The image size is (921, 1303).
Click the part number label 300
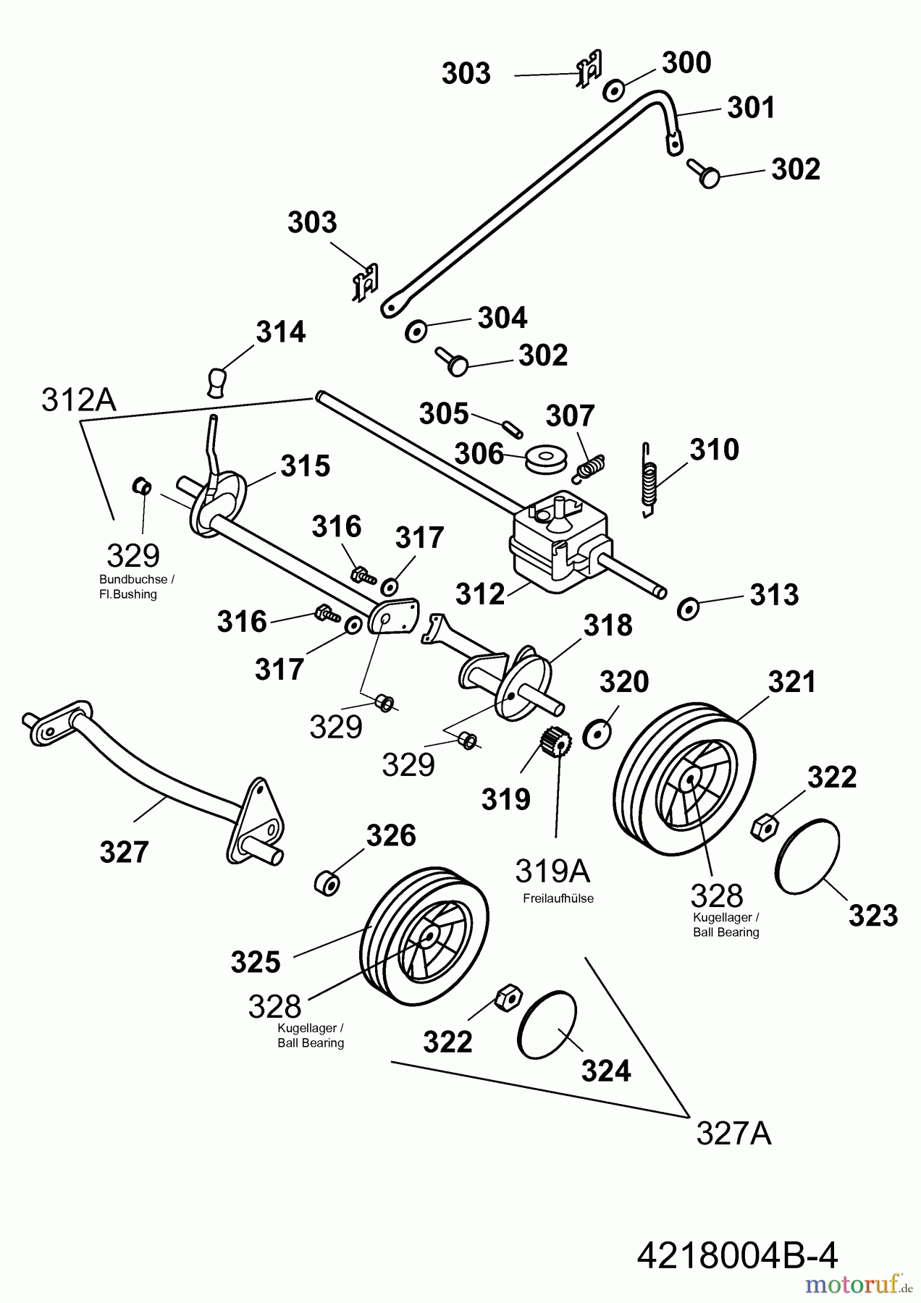(686, 63)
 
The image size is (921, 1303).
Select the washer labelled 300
(614, 90)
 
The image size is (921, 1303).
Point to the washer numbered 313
(687, 608)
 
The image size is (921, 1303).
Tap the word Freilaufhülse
(558, 898)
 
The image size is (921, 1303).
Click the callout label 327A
(733, 1133)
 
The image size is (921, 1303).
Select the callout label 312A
(78, 400)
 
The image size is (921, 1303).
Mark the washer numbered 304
(416, 330)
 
